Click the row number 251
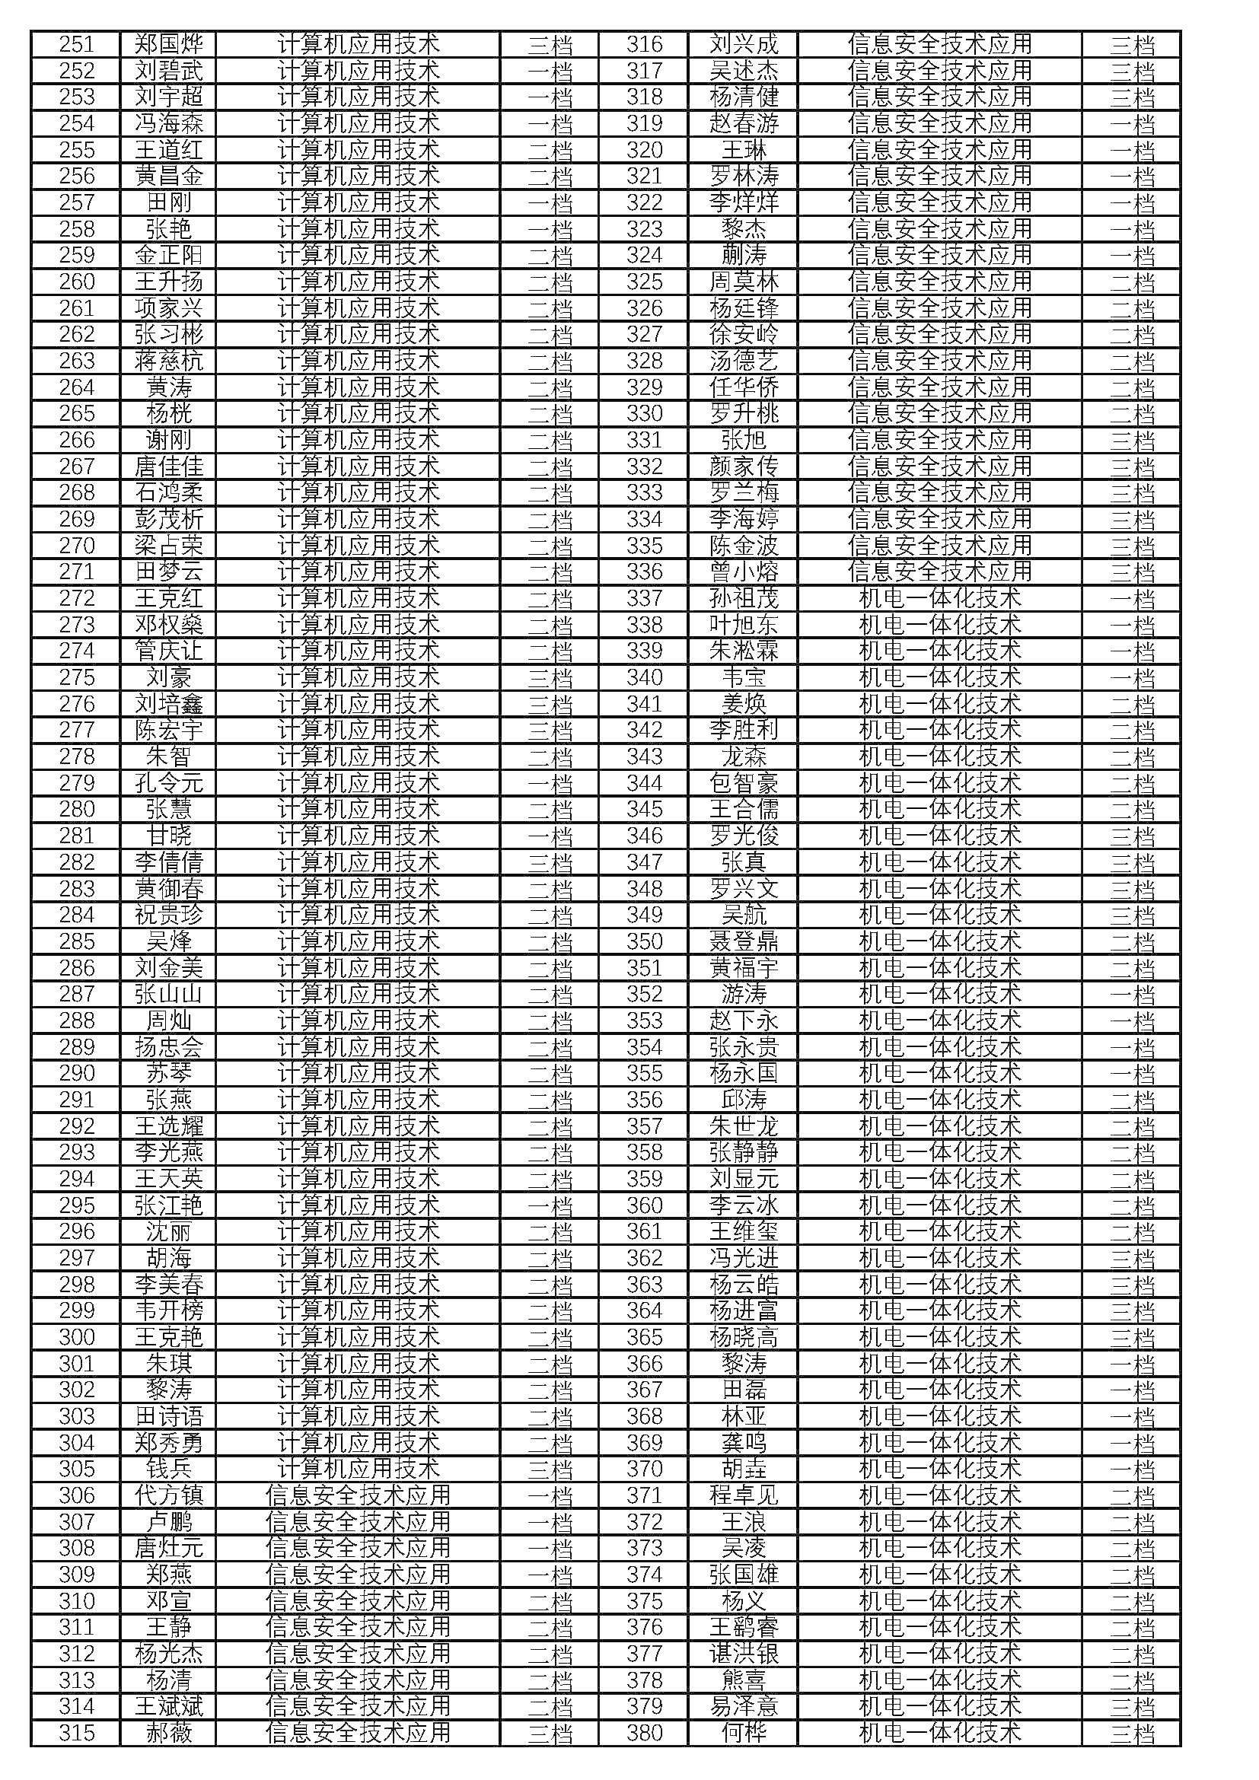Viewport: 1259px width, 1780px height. (x=76, y=44)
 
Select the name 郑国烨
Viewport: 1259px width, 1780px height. (x=168, y=44)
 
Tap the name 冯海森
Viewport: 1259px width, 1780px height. (x=168, y=123)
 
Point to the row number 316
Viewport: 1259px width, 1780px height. (x=644, y=44)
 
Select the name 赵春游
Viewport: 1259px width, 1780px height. (x=744, y=123)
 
